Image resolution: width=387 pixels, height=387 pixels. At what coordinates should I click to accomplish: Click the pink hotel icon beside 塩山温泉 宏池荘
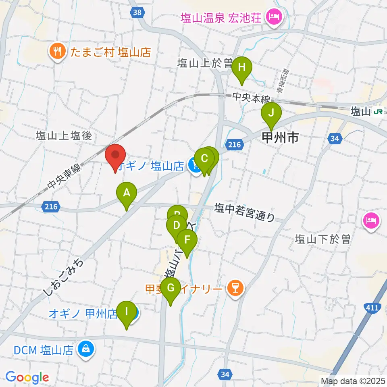pos(274,17)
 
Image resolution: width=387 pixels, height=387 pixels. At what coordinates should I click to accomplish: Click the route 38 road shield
pos(137,12)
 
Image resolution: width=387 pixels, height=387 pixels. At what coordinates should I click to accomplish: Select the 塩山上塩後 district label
pos(64,135)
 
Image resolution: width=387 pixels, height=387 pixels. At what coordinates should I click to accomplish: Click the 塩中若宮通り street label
pos(244,212)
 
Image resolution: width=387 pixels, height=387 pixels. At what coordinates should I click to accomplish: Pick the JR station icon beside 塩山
pos(378,112)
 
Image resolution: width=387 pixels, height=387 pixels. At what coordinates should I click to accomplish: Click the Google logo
pos(27,377)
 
